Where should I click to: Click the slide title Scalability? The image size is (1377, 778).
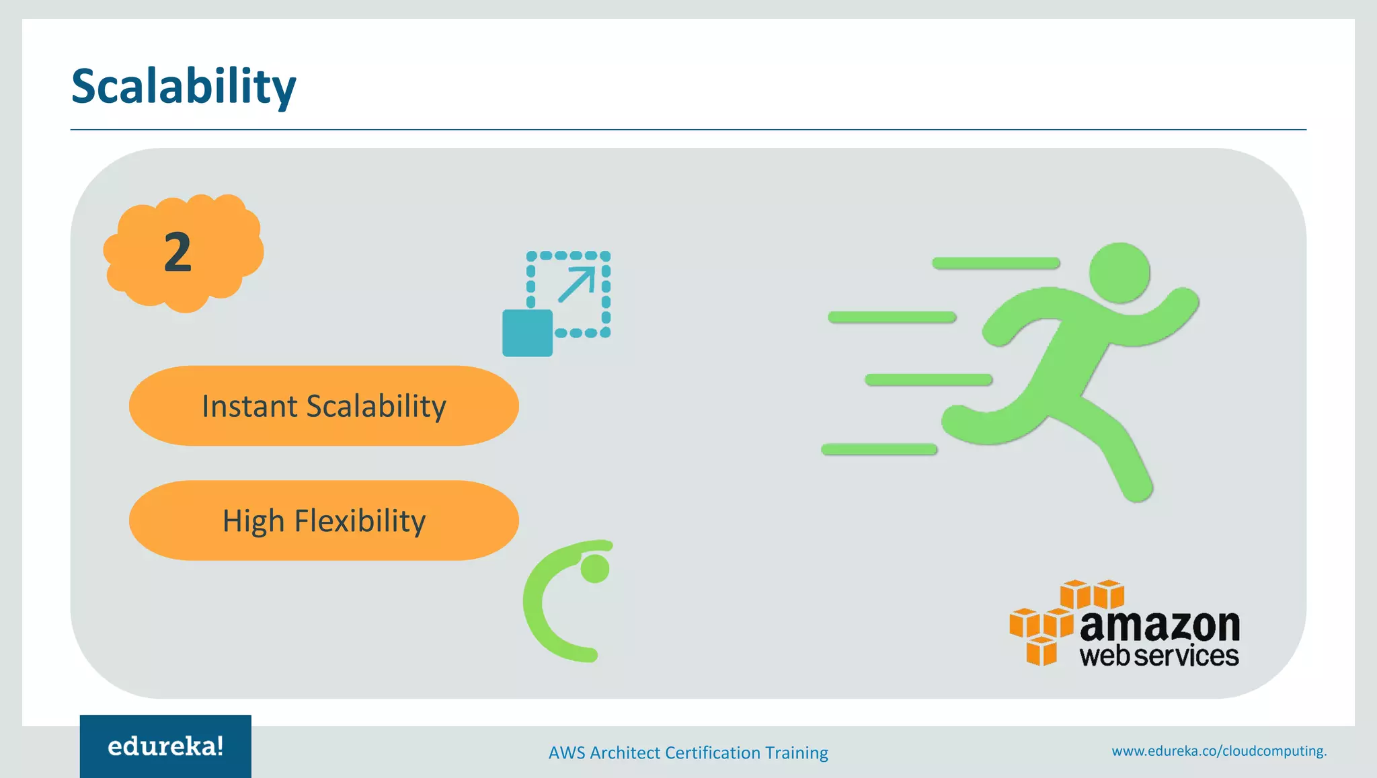tap(184, 87)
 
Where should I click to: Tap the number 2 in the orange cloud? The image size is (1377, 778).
tap(178, 252)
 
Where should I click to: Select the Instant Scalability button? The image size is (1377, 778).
tap(323, 405)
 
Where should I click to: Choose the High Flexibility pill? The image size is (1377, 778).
tap(323, 520)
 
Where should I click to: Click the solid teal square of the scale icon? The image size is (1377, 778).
tap(527, 333)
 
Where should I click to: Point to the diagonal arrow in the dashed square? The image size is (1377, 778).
tap(577, 284)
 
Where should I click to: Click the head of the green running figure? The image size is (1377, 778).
tap(1119, 273)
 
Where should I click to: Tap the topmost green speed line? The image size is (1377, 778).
tap(996, 263)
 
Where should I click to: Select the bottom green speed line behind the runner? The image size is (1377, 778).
tap(879, 449)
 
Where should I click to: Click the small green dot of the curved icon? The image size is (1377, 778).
tap(595, 569)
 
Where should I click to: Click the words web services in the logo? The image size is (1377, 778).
tap(1158, 656)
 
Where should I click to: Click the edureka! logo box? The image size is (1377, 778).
tap(165, 746)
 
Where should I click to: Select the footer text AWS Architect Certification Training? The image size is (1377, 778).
tap(688, 752)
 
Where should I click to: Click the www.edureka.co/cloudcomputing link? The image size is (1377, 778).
tap(1218, 751)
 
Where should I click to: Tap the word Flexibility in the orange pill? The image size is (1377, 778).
tap(360, 521)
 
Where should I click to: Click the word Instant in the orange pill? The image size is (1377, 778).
tap(249, 406)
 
